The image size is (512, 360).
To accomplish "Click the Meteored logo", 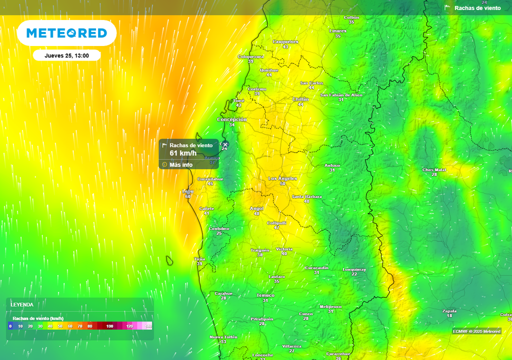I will pyautogui.click(x=66, y=33).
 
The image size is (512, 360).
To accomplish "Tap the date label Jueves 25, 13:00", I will pyautogui.click(x=66, y=55).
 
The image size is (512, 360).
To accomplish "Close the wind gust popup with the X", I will pyautogui.click(x=225, y=145).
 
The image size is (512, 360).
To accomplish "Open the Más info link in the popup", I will pyautogui.click(x=180, y=164).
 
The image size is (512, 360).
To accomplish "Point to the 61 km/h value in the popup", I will pyautogui.click(x=183, y=153).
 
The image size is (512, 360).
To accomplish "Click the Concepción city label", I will pyautogui.click(x=232, y=120).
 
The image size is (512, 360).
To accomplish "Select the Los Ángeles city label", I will pyautogui.click(x=282, y=178).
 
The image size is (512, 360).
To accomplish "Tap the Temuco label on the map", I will pyautogui.click(x=265, y=295).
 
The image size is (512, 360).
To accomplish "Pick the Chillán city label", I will pyautogui.click(x=300, y=99).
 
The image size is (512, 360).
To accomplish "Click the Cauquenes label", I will pyautogui.click(x=285, y=41).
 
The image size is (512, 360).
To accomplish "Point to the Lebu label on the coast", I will pyautogui.click(x=188, y=191).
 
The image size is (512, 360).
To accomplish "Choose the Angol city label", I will pyautogui.click(x=256, y=208).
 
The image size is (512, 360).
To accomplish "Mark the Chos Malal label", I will pyautogui.click(x=434, y=169).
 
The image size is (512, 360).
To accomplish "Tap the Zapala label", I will pyautogui.click(x=449, y=311).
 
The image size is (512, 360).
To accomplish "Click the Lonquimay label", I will pyautogui.click(x=354, y=269).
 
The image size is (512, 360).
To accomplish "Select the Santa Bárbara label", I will pyautogui.click(x=306, y=196).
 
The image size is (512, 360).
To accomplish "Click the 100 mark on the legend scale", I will pyautogui.click(x=109, y=326).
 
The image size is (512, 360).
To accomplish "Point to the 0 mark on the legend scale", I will pyautogui.click(x=10, y=326).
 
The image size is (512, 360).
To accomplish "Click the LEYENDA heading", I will pyautogui.click(x=22, y=304).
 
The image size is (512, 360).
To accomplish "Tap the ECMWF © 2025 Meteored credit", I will pyautogui.click(x=476, y=331).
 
